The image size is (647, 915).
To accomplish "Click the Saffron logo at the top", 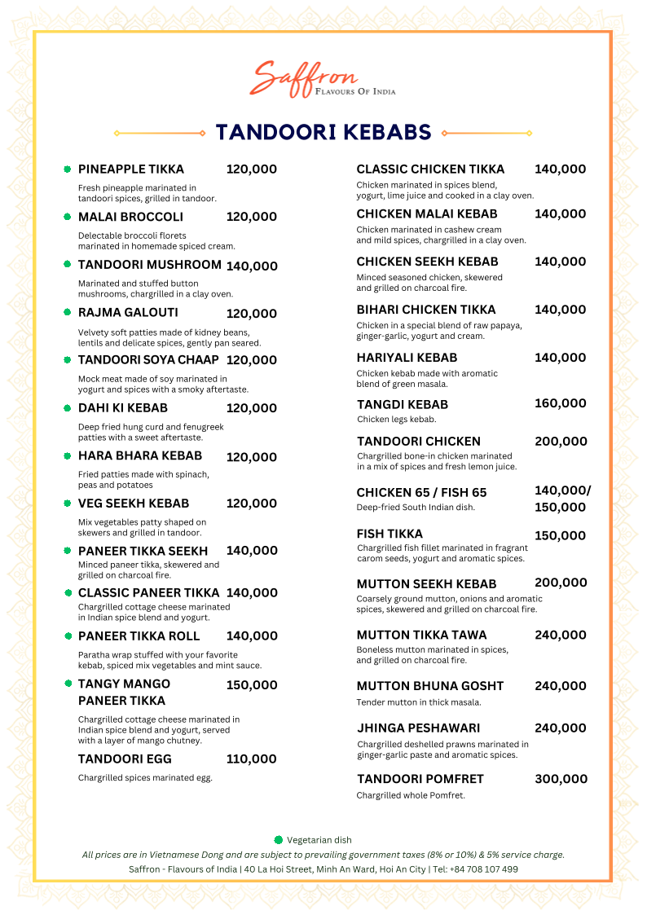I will (306, 77).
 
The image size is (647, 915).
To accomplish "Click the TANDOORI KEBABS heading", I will (323, 132).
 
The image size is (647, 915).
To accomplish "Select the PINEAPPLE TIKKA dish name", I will (130, 169).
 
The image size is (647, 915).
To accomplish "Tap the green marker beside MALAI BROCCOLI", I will (68, 217).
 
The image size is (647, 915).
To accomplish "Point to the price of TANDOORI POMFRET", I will (561, 779).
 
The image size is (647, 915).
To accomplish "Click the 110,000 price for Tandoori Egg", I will (251, 759).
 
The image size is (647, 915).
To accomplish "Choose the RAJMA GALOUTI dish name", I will (128, 313).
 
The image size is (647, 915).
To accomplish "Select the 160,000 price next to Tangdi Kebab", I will (560, 403).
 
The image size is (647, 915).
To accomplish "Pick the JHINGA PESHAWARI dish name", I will (418, 728).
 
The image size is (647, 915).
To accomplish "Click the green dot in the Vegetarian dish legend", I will (279, 840).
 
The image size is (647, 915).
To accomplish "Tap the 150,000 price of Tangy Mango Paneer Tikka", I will (251, 685).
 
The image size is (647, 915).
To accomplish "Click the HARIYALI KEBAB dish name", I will (407, 358).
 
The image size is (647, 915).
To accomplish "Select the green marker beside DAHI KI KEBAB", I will (68, 408).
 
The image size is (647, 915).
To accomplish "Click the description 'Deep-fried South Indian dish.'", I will (416, 508).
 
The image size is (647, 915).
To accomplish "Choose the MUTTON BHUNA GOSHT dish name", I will (430, 686).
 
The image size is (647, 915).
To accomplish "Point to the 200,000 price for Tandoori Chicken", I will (560, 442).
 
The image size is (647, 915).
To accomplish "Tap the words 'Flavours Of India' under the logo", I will (355, 92).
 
